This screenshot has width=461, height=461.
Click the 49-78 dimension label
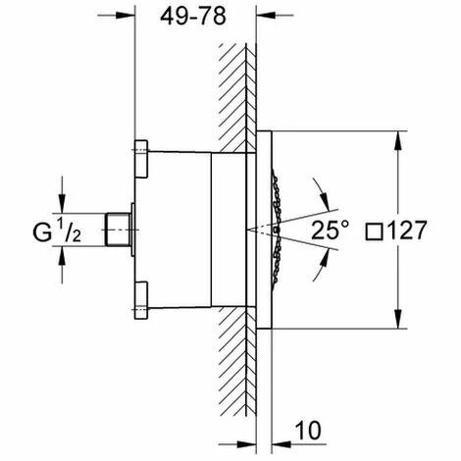[193, 17]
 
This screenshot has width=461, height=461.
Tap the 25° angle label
[330, 230]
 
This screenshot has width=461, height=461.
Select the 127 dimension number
[407, 230]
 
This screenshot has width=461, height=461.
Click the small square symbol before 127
[374, 231]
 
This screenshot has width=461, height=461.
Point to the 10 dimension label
[308, 430]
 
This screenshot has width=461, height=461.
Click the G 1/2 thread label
[57, 230]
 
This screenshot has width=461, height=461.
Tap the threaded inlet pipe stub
[117, 230]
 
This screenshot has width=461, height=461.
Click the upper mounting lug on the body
[141, 159]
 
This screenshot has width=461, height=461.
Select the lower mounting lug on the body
[141, 300]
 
